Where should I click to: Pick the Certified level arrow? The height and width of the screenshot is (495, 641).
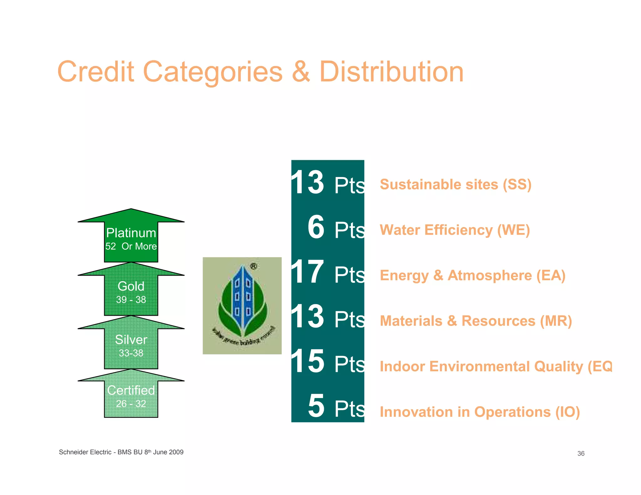pyautogui.click(x=131, y=396)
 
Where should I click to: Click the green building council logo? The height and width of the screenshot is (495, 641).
pyautogui.click(x=242, y=306)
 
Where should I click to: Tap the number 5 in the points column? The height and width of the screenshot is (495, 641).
pyautogui.click(x=316, y=406)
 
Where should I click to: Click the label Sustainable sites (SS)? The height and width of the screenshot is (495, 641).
pyautogui.click(x=455, y=184)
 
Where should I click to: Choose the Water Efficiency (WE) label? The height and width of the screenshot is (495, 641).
pyautogui.click(x=454, y=230)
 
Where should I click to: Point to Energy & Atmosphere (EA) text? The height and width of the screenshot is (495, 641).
pyautogui.click(x=472, y=276)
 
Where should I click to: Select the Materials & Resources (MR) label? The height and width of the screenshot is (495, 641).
pyautogui.click(x=476, y=321)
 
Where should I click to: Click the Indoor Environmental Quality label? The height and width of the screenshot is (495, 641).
pyautogui.click(x=495, y=366)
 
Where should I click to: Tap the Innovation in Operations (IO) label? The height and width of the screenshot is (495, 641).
pyautogui.click(x=479, y=412)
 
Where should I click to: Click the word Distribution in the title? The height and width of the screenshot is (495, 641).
pyautogui.click(x=391, y=72)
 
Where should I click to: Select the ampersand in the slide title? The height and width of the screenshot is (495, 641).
pyautogui.click(x=301, y=72)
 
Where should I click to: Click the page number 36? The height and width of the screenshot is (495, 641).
pyautogui.click(x=581, y=453)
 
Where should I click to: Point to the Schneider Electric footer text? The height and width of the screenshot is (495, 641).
pyautogui.click(x=121, y=452)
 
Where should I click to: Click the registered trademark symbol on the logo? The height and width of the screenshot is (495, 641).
pyautogui.click(x=254, y=267)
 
